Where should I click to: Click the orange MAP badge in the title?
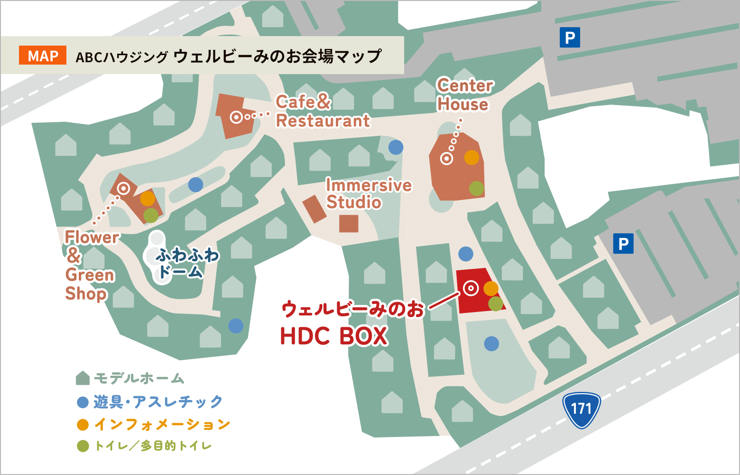(x=43, y=56)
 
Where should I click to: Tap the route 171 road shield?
(x=581, y=409)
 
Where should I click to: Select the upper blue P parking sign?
(x=570, y=37)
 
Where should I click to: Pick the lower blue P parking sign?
(x=623, y=244)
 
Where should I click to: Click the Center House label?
(x=464, y=95)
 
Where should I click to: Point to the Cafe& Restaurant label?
(x=323, y=112)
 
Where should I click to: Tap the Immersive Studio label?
(x=368, y=194)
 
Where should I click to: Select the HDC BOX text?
(x=334, y=336)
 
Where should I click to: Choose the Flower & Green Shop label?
(x=90, y=265)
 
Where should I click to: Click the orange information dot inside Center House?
(x=472, y=157)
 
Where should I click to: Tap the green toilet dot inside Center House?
(x=476, y=188)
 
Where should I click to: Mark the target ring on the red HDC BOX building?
(x=471, y=287)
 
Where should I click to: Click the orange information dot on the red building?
(x=490, y=288)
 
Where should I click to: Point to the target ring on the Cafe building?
(x=236, y=116)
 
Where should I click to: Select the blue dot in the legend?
(x=83, y=402)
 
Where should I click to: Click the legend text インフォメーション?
(x=162, y=424)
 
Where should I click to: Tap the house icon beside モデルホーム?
(x=83, y=378)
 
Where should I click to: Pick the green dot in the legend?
(x=83, y=446)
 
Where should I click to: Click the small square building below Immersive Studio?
(x=349, y=223)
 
